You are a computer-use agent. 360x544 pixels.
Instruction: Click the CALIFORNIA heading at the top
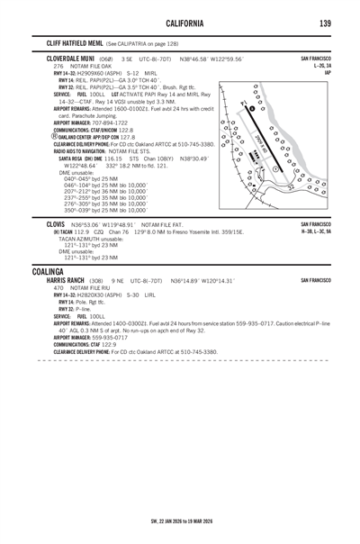pos(180,23)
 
